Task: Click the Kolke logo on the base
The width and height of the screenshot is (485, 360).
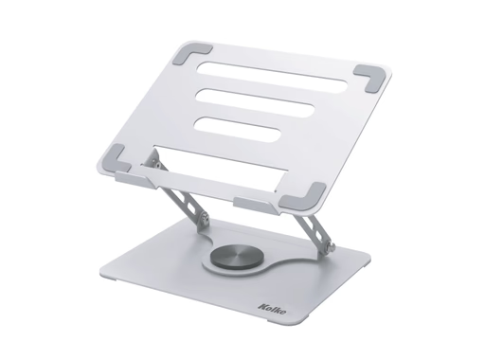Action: [272, 309]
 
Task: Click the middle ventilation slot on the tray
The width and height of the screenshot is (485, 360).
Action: [255, 103]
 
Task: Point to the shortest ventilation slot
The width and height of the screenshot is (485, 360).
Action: [238, 129]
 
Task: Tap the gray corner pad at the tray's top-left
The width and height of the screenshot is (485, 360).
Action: [191, 53]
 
